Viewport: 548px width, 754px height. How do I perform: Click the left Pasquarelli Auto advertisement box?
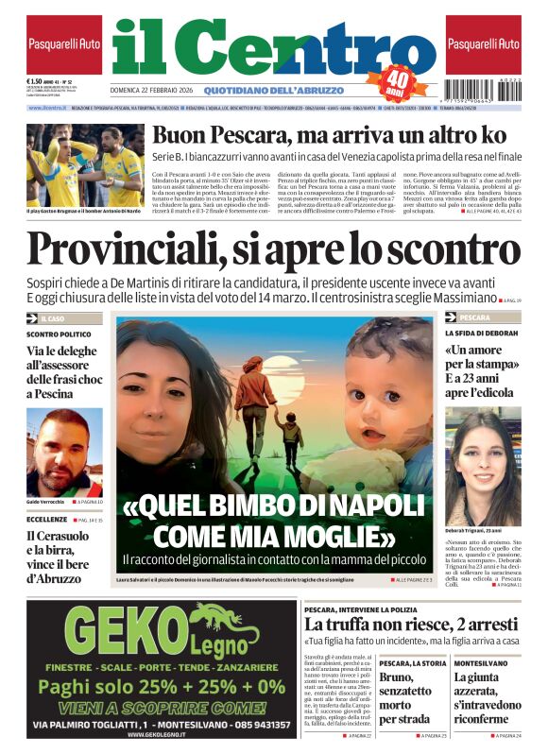pos(63,44)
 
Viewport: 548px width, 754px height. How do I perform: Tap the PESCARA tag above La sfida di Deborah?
pos(475,318)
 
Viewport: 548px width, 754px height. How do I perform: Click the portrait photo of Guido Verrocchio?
pos(63,452)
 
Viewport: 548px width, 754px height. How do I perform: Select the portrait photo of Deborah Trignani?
pos(483,466)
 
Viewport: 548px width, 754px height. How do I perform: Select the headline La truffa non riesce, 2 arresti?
pos(411,625)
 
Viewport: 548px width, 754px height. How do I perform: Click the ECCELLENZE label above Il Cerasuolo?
pos(46,519)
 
